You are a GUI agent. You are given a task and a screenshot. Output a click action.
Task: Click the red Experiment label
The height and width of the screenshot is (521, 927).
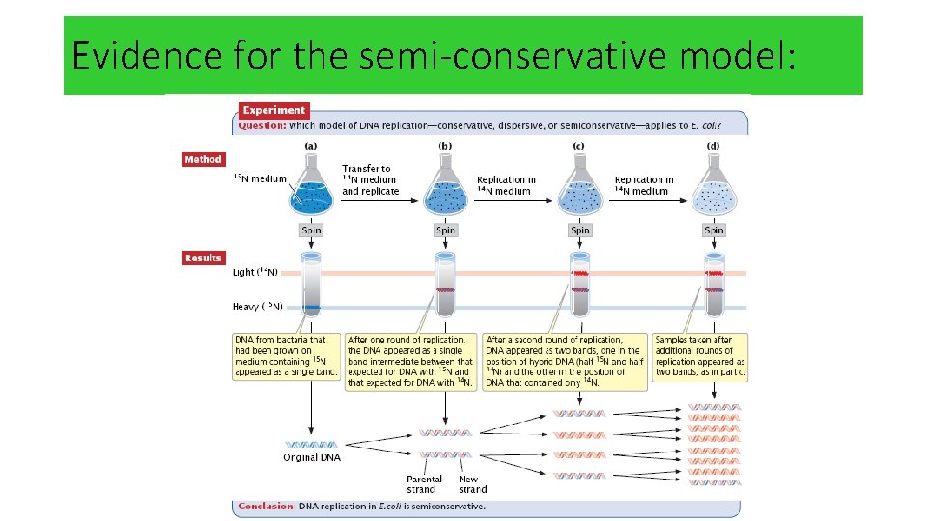tap(274, 110)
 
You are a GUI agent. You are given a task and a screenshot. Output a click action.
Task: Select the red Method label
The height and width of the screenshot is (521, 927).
tap(203, 159)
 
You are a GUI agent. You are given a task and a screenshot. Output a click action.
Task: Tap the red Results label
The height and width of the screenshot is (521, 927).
tap(204, 258)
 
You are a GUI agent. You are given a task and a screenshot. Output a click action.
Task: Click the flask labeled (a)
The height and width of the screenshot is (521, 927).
tap(311, 189)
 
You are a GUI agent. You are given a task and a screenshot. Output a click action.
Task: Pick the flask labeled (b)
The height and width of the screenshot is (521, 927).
tap(445, 189)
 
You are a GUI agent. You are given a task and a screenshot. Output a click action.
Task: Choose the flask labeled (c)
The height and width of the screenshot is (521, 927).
tap(579, 189)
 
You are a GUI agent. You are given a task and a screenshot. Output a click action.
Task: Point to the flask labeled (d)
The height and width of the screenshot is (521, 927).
tap(714, 189)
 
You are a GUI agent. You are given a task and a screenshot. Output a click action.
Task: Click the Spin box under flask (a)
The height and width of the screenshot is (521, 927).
tap(311, 231)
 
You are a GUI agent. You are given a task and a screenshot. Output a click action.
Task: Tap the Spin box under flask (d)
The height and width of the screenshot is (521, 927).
tap(714, 231)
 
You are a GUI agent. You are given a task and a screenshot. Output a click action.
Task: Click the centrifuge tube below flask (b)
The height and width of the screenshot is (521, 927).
tap(445, 286)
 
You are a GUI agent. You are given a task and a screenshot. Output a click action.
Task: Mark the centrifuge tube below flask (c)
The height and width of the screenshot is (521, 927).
tap(579, 286)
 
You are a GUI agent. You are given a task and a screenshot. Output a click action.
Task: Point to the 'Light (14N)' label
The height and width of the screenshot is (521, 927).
tap(256, 273)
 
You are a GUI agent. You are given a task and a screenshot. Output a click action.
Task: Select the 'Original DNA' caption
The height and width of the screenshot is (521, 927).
tap(311, 456)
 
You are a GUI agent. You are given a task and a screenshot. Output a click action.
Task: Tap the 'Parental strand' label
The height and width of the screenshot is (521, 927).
tap(424, 483)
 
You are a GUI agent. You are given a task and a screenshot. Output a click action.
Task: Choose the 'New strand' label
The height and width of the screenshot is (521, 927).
tap(470, 483)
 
